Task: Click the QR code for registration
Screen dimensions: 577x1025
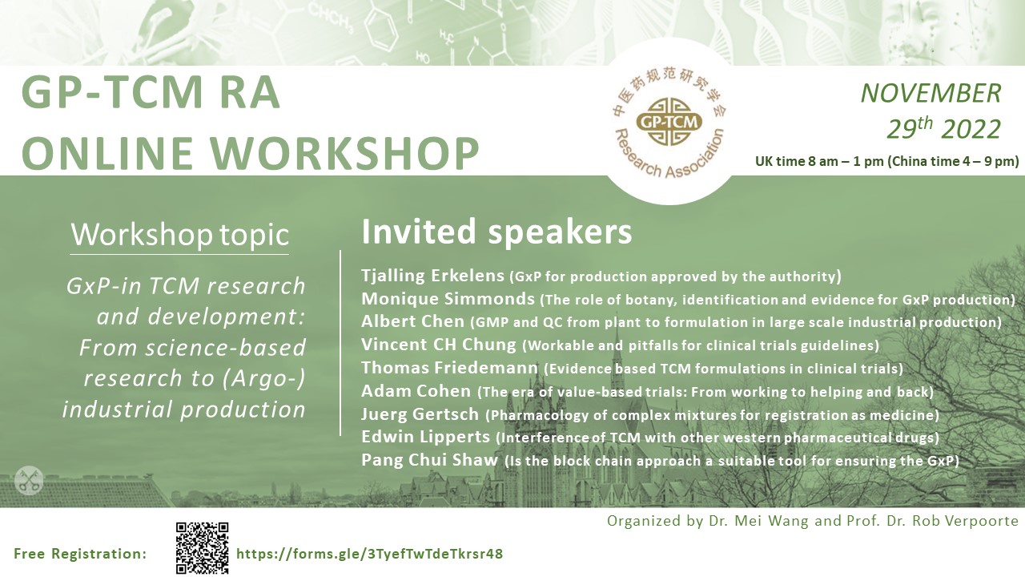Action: coord(202,548)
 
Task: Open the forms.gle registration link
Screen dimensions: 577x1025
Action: coord(369,554)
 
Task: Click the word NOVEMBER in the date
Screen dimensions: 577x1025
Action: coord(931,93)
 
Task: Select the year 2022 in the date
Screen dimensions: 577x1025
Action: coord(971,129)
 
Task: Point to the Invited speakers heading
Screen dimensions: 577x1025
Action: coord(496,232)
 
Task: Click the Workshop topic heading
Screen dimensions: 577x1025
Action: coord(179,235)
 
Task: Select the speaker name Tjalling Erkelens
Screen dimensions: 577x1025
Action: coord(432,276)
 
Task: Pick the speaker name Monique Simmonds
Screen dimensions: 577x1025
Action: coord(448,300)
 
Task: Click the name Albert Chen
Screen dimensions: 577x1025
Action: coord(412,322)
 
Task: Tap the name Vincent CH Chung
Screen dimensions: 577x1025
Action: coord(439,345)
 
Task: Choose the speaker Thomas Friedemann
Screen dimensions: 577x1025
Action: coord(449,369)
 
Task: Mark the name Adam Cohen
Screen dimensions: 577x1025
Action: coord(416,392)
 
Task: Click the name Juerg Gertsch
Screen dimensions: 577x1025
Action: coord(420,415)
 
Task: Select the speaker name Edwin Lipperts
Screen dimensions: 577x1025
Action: coord(425,438)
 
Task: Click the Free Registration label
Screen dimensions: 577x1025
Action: coord(80,554)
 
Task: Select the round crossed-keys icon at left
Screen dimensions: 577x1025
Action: coord(28,481)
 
